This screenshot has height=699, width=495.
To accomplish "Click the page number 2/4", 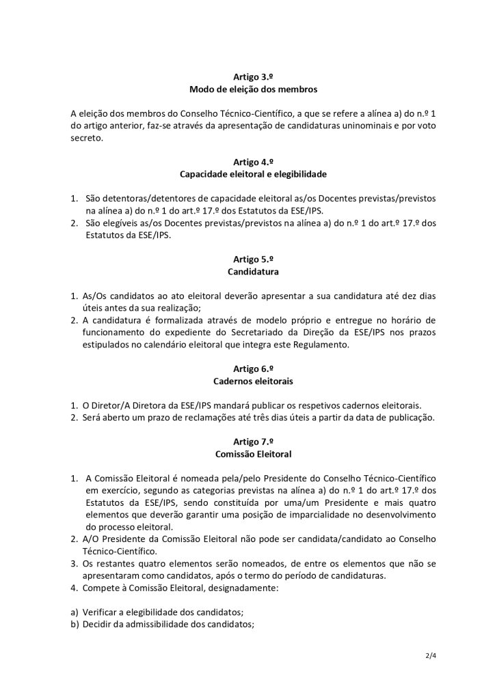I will [430, 657].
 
